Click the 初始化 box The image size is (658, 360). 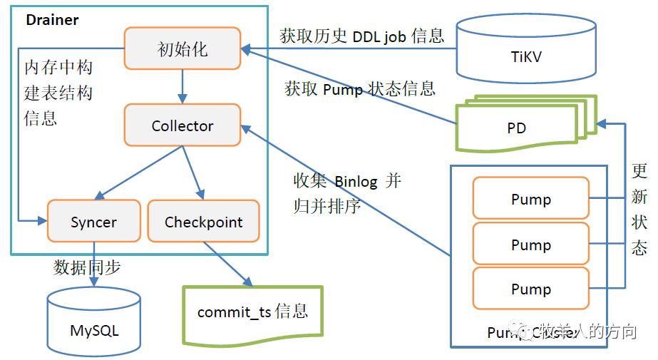(183, 48)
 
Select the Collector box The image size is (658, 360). (183, 125)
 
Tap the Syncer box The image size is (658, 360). (93, 222)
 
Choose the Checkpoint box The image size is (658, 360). (203, 222)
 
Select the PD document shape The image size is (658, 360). (517, 128)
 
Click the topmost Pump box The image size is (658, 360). (531, 199)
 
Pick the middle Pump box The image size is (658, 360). (531, 245)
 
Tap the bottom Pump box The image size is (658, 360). (531, 289)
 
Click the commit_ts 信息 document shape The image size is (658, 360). (252, 312)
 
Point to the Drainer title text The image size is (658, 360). (51, 19)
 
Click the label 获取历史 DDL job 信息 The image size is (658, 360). (362, 36)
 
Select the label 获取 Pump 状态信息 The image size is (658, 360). (359, 89)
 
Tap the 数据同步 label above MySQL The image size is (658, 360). (87, 267)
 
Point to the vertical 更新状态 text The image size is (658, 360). (639, 209)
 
